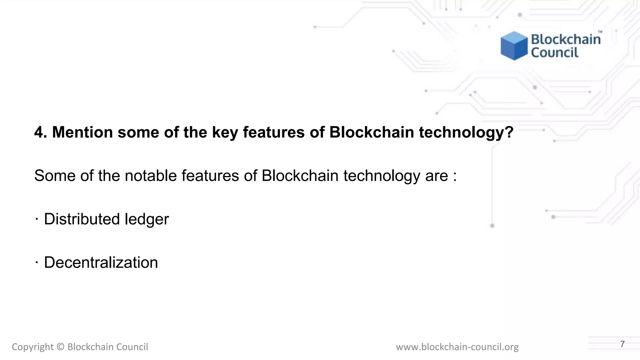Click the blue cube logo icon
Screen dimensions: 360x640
pos(514,46)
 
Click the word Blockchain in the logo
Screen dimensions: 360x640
pos(566,39)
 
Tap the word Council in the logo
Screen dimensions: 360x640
pos(555,52)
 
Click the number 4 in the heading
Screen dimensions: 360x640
pos(39,132)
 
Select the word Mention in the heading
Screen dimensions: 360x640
pos(82,132)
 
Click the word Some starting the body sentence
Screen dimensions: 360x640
pos(55,175)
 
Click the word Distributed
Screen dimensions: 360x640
pos(82,219)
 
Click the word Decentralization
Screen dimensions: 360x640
pos(101,262)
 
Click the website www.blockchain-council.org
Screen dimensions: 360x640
pos(457,347)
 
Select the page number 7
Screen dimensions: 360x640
pos(622,344)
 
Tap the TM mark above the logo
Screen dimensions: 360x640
pos(600,32)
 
